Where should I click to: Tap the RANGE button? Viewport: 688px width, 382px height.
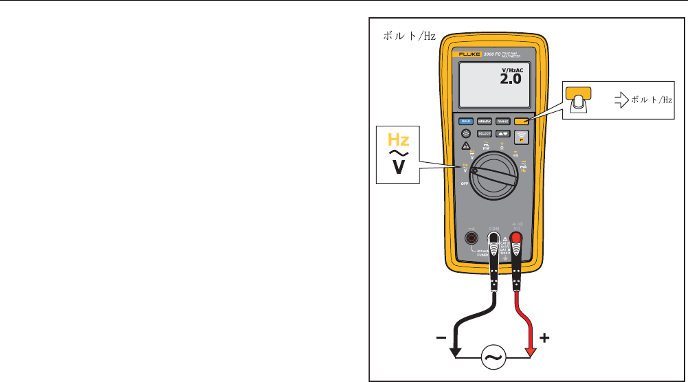504,120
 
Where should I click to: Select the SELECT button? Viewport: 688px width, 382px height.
485,134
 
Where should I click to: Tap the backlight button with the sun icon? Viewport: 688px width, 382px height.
466,134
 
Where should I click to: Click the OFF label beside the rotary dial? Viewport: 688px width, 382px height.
465,185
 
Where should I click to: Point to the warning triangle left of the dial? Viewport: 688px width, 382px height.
465,146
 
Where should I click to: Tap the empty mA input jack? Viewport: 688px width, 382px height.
471,238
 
